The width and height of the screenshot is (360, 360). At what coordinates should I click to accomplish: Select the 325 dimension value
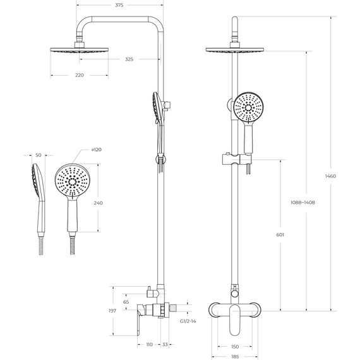pos(129,59)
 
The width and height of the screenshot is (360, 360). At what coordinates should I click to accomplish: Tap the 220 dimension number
pos(79,75)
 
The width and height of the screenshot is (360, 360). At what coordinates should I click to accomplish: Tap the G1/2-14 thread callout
pos(189,321)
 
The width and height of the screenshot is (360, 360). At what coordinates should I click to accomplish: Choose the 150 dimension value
pos(234,347)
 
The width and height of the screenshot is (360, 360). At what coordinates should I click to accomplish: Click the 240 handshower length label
pos(97,203)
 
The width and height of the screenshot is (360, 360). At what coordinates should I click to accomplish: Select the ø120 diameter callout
pos(97,150)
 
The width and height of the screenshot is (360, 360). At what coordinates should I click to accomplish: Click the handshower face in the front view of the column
pos(246,108)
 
